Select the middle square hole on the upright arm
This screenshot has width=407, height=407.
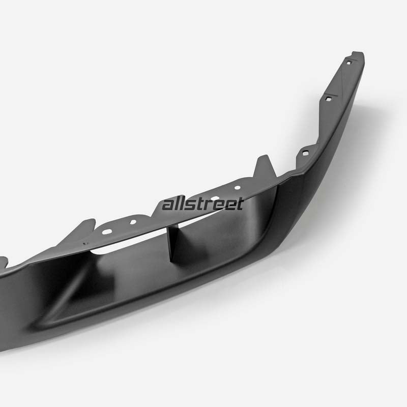pos(329,99)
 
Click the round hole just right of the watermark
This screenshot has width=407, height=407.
pos(237,187)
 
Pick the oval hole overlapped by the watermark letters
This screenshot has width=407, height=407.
pos(215,198)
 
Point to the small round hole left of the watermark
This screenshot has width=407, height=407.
pos(133,222)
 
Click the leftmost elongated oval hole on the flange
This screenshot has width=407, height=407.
pos(107,231)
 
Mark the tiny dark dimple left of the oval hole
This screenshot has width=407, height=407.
pos(84,244)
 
